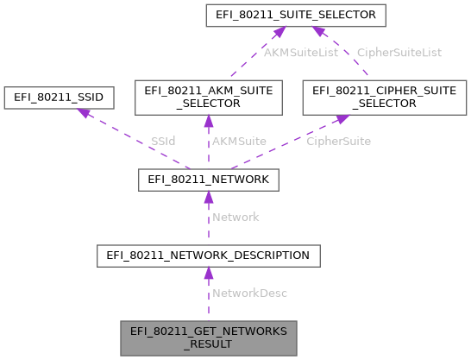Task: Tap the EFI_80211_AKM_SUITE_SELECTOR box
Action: click(x=207, y=98)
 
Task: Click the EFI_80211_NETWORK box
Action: click(x=207, y=180)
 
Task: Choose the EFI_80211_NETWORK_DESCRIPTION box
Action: click(x=207, y=256)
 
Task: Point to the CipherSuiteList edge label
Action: click(x=399, y=52)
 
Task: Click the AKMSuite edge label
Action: click(x=240, y=141)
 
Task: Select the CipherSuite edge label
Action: click(x=339, y=141)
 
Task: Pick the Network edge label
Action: click(x=235, y=217)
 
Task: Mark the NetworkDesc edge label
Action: click(x=249, y=293)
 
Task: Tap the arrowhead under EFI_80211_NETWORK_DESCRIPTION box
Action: click(x=207, y=273)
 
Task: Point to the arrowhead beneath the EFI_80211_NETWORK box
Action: click(x=207, y=198)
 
